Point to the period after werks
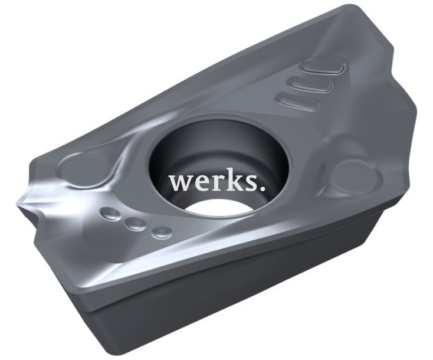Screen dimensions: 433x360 click(x=263, y=188)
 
